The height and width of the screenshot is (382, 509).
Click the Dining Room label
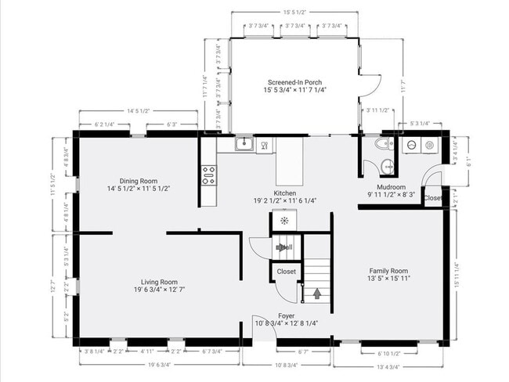(x=139, y=181)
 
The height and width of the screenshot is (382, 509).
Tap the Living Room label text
(x=159, y=283)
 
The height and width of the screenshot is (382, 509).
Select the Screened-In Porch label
(x=294, y=83)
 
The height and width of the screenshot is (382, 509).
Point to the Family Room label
(x=389, y=270)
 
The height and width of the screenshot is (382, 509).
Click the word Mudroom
(x=391, y=188)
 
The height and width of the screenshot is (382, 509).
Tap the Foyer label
(x=286, y=315)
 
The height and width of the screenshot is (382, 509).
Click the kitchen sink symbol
(x=244, y=143)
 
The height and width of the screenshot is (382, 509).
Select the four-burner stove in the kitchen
(x=208, y=175)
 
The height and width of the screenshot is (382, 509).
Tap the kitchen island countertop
(x=289, y=160)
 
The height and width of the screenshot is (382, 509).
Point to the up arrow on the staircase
(x=316, y=294)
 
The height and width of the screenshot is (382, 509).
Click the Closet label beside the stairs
(x=287, y=272)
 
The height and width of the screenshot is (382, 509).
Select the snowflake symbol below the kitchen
(x=283, y=221)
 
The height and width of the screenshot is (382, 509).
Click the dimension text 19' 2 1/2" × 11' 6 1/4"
(x=284, y=200)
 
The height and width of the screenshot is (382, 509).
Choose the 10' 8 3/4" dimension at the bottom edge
(x=287, y=365)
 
